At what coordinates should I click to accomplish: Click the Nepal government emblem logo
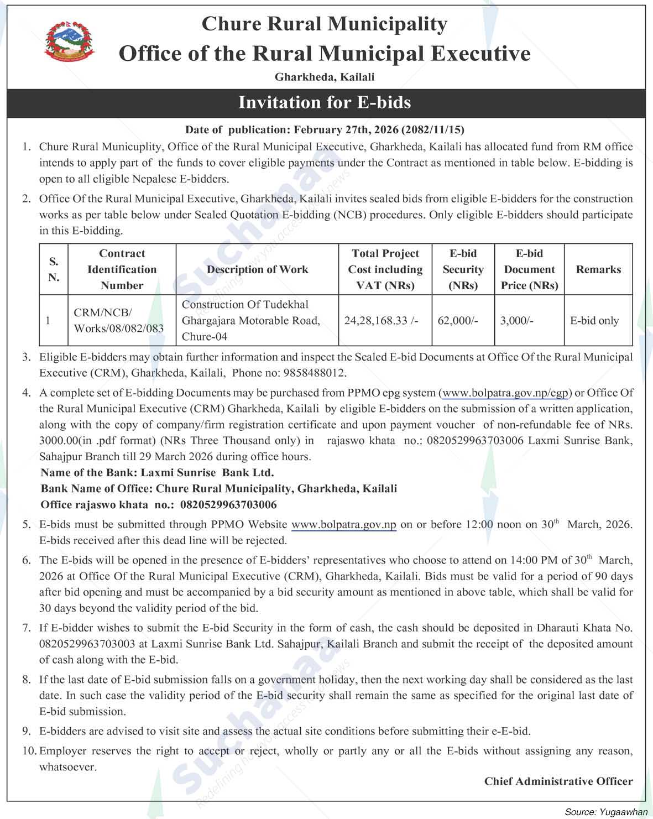[x=69, y=40]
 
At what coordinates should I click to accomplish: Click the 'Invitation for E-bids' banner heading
[x=325, y=102]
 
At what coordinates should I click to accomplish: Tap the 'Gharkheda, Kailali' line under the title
[x=325, y=77]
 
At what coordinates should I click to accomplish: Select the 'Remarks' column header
[x=598, y=269]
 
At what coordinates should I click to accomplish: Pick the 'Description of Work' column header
[x=257, y=269]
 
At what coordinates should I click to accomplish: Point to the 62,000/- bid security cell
[x=458, y=320]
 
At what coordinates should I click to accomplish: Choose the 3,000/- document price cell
[x=517, y=320]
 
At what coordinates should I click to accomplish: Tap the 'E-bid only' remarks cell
[x=594, y=320]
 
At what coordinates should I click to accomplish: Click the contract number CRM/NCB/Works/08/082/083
[x=119, y=320]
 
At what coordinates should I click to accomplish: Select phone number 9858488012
[x=314, y=373]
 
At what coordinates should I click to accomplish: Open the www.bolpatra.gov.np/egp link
[x=505, y=393]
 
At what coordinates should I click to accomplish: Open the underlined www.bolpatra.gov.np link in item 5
[x=343, y=524]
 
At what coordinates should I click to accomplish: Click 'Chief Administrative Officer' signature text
[x=558, y=781]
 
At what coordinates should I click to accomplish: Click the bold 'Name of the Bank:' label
[x=89, y=473]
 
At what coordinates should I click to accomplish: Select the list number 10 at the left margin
[x=29, y=751]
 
